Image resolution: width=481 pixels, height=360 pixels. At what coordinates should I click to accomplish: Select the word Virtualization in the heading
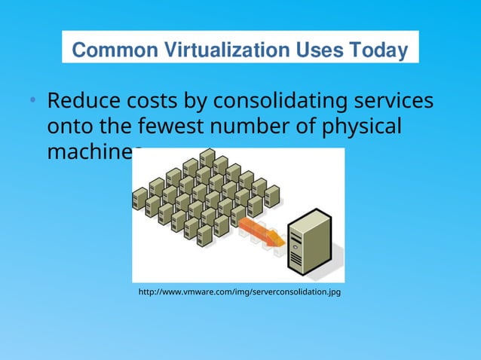coord(223,50)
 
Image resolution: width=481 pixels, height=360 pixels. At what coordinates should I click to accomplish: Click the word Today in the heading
coord(378,50)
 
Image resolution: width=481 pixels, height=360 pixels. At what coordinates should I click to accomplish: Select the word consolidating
coord(279,101)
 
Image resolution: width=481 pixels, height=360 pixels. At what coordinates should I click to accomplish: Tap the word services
coord(392,101)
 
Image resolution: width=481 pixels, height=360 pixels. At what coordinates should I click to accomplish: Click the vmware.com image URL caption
coord(240,291)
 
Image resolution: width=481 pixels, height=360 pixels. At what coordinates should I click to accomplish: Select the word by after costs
coord(198,101)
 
